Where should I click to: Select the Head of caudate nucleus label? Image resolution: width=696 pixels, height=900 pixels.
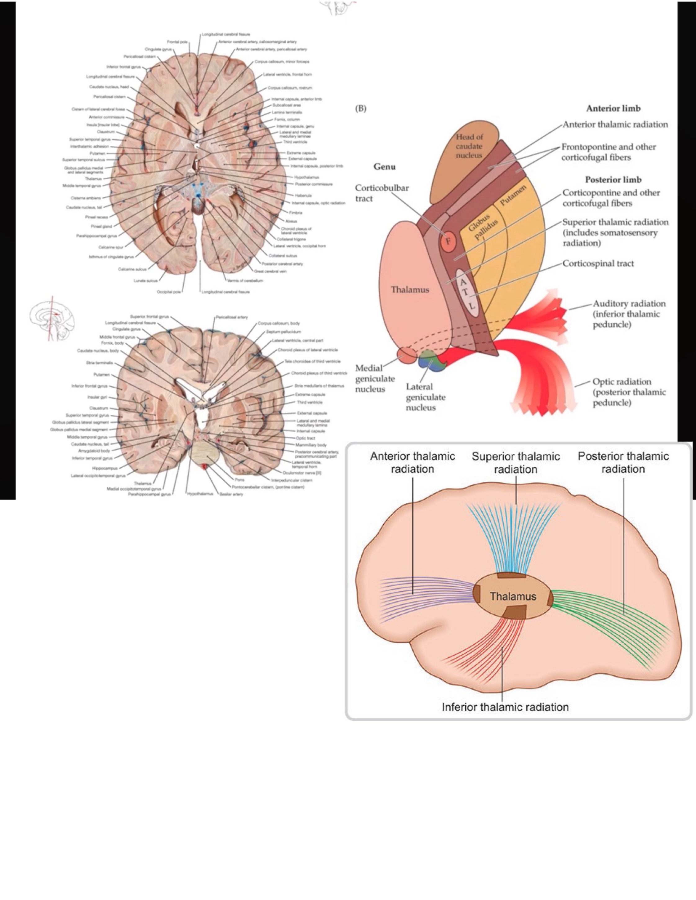tap(469, 146)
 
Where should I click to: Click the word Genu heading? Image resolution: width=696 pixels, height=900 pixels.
tap(384, 166)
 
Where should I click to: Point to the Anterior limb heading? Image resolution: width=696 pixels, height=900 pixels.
tap(613, 108)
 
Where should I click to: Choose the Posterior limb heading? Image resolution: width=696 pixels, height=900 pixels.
tap(613, 180)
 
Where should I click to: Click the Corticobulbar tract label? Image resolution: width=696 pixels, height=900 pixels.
tap(381, 193)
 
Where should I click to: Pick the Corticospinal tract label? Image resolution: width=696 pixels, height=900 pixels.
tap(598, 264)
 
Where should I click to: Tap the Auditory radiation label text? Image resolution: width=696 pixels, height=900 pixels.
tap(629, 314)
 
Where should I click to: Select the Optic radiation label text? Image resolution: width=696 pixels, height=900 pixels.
tap(629, 392)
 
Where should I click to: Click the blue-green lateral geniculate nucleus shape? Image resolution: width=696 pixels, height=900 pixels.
tap(430, 360)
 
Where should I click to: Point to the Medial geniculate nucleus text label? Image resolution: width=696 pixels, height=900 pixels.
tap(374, 378)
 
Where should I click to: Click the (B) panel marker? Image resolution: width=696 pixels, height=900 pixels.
tap(360, 108)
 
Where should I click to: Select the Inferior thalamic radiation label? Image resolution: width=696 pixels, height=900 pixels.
tap(505, 707)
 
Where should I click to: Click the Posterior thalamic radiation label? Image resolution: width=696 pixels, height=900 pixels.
tap(623, 462)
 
